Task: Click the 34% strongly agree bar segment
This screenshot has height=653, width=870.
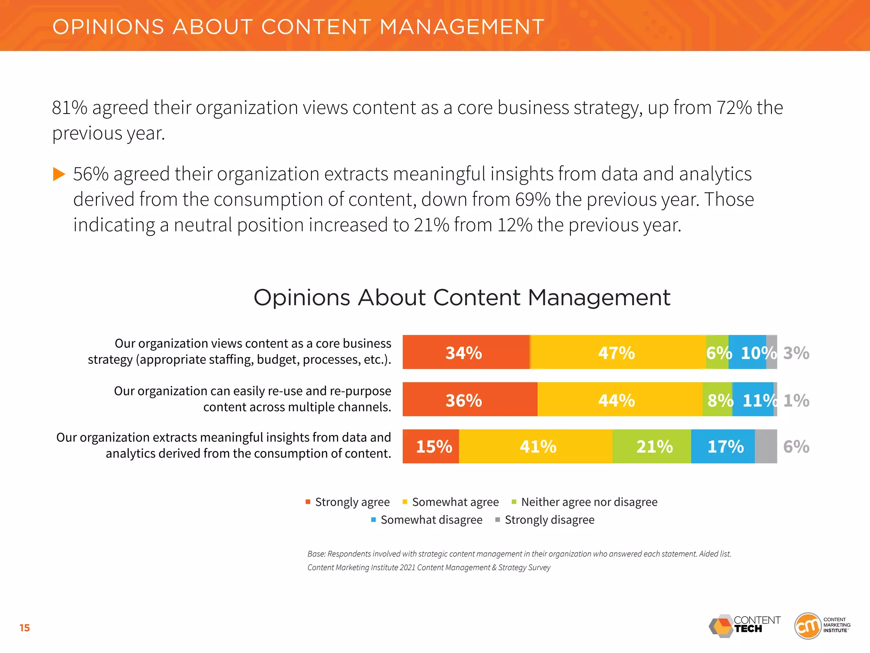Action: [466, 352]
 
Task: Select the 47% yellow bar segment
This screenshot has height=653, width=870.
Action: [617, 352]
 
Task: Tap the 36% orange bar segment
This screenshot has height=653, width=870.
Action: [469, 399]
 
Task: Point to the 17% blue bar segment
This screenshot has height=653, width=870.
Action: [723, 446]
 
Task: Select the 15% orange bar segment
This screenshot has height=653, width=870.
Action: [431, 446]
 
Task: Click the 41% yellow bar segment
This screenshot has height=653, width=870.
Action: [536, 446]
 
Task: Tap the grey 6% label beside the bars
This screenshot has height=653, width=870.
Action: [796, 446]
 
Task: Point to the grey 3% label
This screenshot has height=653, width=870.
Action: [796, 353]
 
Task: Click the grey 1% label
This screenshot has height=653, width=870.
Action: [796, 400]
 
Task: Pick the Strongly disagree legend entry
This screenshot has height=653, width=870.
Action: [545, 520]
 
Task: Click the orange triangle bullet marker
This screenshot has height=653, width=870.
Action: [59, 174]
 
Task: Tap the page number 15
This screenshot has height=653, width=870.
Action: [25, 628]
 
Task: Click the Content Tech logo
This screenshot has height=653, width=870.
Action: [744, 626]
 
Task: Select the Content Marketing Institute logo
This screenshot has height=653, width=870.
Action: [822, 625]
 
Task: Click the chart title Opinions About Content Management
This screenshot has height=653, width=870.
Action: [462, 297]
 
